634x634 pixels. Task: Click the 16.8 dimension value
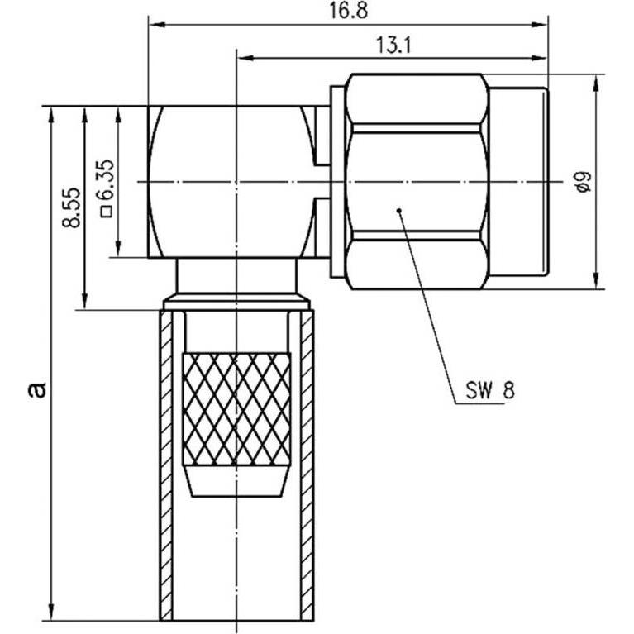click(x=348, y=11)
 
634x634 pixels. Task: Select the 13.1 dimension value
click(x=393, y=45)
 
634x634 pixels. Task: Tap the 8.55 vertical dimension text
click(x=72, y=207)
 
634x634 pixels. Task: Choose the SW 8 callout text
click(x=490, y=391)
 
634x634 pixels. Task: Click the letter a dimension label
click(x=37, y=390)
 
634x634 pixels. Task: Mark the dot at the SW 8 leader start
click(x=398, y=210)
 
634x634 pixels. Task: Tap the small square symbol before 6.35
click(x=107, y=212)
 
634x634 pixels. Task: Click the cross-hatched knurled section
click(x=236, y=409)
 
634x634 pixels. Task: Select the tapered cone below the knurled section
click(x=236, y=481)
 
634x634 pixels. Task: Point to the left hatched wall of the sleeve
click(x=166, y=465)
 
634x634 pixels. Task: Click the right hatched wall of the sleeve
click(x=307, y=465)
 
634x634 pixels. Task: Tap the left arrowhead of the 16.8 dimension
click(x=157, y=25)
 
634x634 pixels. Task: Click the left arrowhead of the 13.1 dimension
click(x=245, y=58)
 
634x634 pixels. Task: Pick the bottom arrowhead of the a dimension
click(x=51, y=611)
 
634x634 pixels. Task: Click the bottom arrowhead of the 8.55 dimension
click(x=84, y=301)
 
